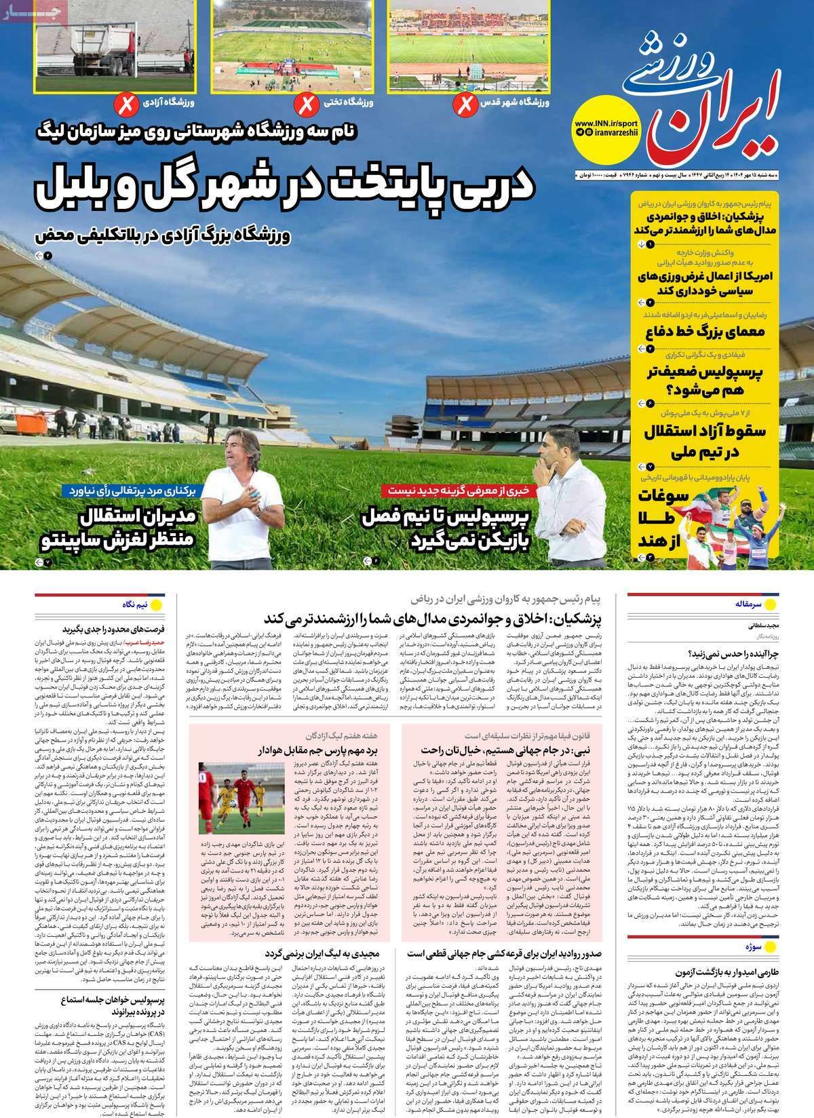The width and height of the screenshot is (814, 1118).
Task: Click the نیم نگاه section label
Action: click(131, 602)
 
